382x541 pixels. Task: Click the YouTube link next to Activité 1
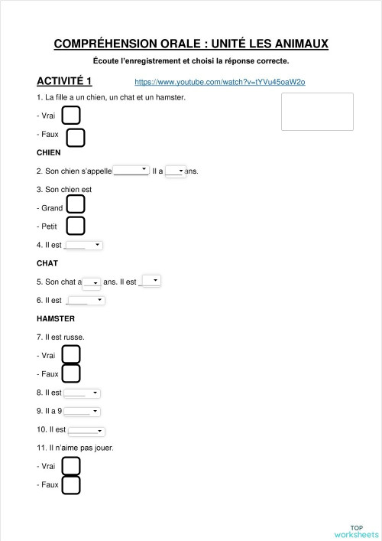point(219,82)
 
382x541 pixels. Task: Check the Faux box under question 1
point(76,138)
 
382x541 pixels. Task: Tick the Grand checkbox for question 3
point(76,204)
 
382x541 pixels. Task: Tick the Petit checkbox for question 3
point(76,226)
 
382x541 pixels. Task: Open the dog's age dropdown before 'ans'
point(175,171)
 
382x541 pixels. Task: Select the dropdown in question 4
point(84,245)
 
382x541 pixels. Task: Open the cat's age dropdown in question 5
point(92,282)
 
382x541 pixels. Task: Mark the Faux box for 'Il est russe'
point(71,373)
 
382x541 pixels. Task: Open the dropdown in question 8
point(82,393)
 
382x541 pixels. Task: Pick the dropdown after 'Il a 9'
point(82,411)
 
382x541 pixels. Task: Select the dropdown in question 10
point(86,430)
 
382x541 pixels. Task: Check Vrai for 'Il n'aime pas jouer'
point(71,466)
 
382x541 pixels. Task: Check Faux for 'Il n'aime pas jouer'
point(71,484)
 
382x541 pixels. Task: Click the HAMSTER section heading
point(56,318)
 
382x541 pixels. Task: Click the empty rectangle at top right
point(317,112)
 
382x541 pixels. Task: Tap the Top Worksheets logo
point(357,531)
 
